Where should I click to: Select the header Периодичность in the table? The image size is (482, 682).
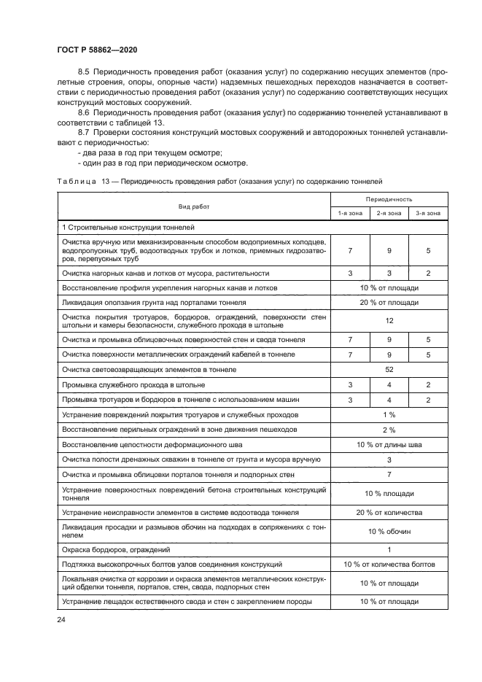tap(389, 198)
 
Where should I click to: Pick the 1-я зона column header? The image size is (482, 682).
tap(349, 213)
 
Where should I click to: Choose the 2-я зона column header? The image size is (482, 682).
tap(389, 213)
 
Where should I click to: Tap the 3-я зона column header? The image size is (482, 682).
tap(427, 213)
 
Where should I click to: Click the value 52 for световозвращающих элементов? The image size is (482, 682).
tap(389, 370)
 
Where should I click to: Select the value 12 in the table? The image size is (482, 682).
tap(389, 319)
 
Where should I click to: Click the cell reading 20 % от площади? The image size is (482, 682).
tap(389, 301)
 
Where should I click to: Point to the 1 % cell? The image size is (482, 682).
tap(389, 414)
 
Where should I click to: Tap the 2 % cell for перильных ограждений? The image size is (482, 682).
tap(389, 430)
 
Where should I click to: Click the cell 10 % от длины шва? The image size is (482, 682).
tap(389, 444)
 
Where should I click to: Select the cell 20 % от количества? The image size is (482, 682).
tap(389, 513)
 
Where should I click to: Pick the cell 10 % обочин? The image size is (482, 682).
tap(389, 531)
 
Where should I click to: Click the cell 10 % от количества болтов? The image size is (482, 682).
tap(389, 564)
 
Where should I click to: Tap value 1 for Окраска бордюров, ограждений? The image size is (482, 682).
tap(389, 549)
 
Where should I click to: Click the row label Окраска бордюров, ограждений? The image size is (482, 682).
tap(116, 549)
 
